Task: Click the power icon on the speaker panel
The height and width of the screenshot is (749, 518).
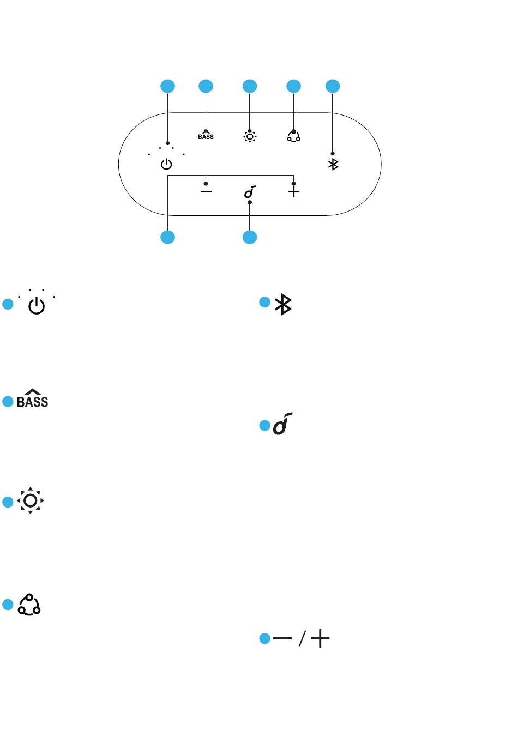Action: tap(166, 164)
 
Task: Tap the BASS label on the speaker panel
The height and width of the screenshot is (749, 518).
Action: tap(206, 136)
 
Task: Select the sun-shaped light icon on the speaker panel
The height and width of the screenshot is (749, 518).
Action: tap(250, 136)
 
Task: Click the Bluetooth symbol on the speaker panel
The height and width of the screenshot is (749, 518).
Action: tap(333, 164)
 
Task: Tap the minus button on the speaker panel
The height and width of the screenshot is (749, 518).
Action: tap(206, 191)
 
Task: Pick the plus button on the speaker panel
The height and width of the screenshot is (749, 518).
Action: tap(293, 191)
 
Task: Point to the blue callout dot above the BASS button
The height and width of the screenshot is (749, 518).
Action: tap(206, 86)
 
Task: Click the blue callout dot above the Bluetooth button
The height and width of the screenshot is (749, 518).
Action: tap(333, 86)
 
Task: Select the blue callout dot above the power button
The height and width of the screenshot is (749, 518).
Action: tap(167, 86)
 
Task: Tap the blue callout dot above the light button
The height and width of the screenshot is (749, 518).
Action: tap(250, 86)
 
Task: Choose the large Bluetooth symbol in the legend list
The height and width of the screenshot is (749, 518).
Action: tap(283, 304)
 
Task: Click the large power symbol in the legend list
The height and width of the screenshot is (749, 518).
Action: tap(37, 305)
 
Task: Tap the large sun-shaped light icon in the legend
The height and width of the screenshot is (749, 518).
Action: tap(30, 500)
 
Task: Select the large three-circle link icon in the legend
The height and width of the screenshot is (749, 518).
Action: tap(29, 605)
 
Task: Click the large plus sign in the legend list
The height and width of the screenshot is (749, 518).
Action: tap(320, 638)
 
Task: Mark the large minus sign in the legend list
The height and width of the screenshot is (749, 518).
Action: tap(282, 638)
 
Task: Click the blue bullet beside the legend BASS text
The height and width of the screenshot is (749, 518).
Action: tap(8, 402)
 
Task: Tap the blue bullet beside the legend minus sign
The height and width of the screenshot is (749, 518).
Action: tap(264, 638)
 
